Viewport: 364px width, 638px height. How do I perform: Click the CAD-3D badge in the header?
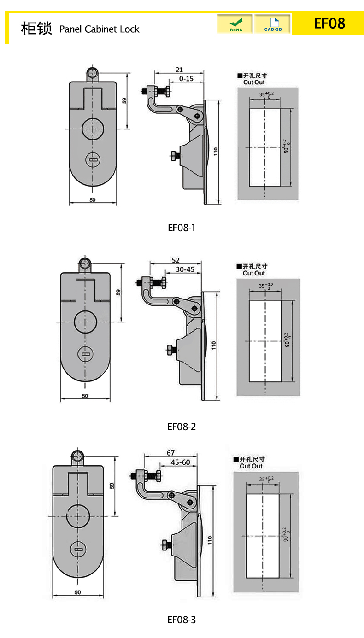pyautogui.click(x=272, y=24)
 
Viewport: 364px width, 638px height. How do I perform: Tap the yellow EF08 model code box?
pyautogui.click(x=329, y=23)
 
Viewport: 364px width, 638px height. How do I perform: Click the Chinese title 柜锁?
pyautogui.click(x=36, y=29)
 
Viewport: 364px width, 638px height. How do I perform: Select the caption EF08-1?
pyautogui.click(x=182, y=228)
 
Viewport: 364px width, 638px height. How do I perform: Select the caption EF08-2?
pyautogui.click(x=182, y=427)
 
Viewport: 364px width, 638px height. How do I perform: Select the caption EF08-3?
pyautogui.click(x=182, y=620)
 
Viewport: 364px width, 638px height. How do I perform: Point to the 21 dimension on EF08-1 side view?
pyautogui.click(x=179, y=70)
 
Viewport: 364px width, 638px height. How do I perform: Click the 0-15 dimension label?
pyautogui.click(x=186, y=79)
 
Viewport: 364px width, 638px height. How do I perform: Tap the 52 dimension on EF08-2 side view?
pyautogui.click(x=175, y=260)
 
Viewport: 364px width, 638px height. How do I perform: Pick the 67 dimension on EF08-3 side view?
pyautogui.click(x=170, y=453)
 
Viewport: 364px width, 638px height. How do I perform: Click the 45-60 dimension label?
pyautogui.click(x=180, y=462)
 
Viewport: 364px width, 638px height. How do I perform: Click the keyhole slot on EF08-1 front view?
pyautogui.click(x=93, y=160)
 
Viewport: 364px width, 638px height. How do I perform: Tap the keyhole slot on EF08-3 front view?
pyautogui.click(x=78, y=550)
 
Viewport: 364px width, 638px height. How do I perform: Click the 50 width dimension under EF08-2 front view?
pyautogui.click(x=85, y=396)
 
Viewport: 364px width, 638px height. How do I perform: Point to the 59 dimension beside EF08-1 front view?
pyautogui.click(x=124, y=101)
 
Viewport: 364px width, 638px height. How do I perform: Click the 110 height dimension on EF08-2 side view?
pyautogui.click(x=213, y=345)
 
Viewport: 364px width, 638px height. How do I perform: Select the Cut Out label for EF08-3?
pyautogui.click(x=251, y=466)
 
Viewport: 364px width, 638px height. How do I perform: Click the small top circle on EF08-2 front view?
pyautogui.click(x=85, y=263)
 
